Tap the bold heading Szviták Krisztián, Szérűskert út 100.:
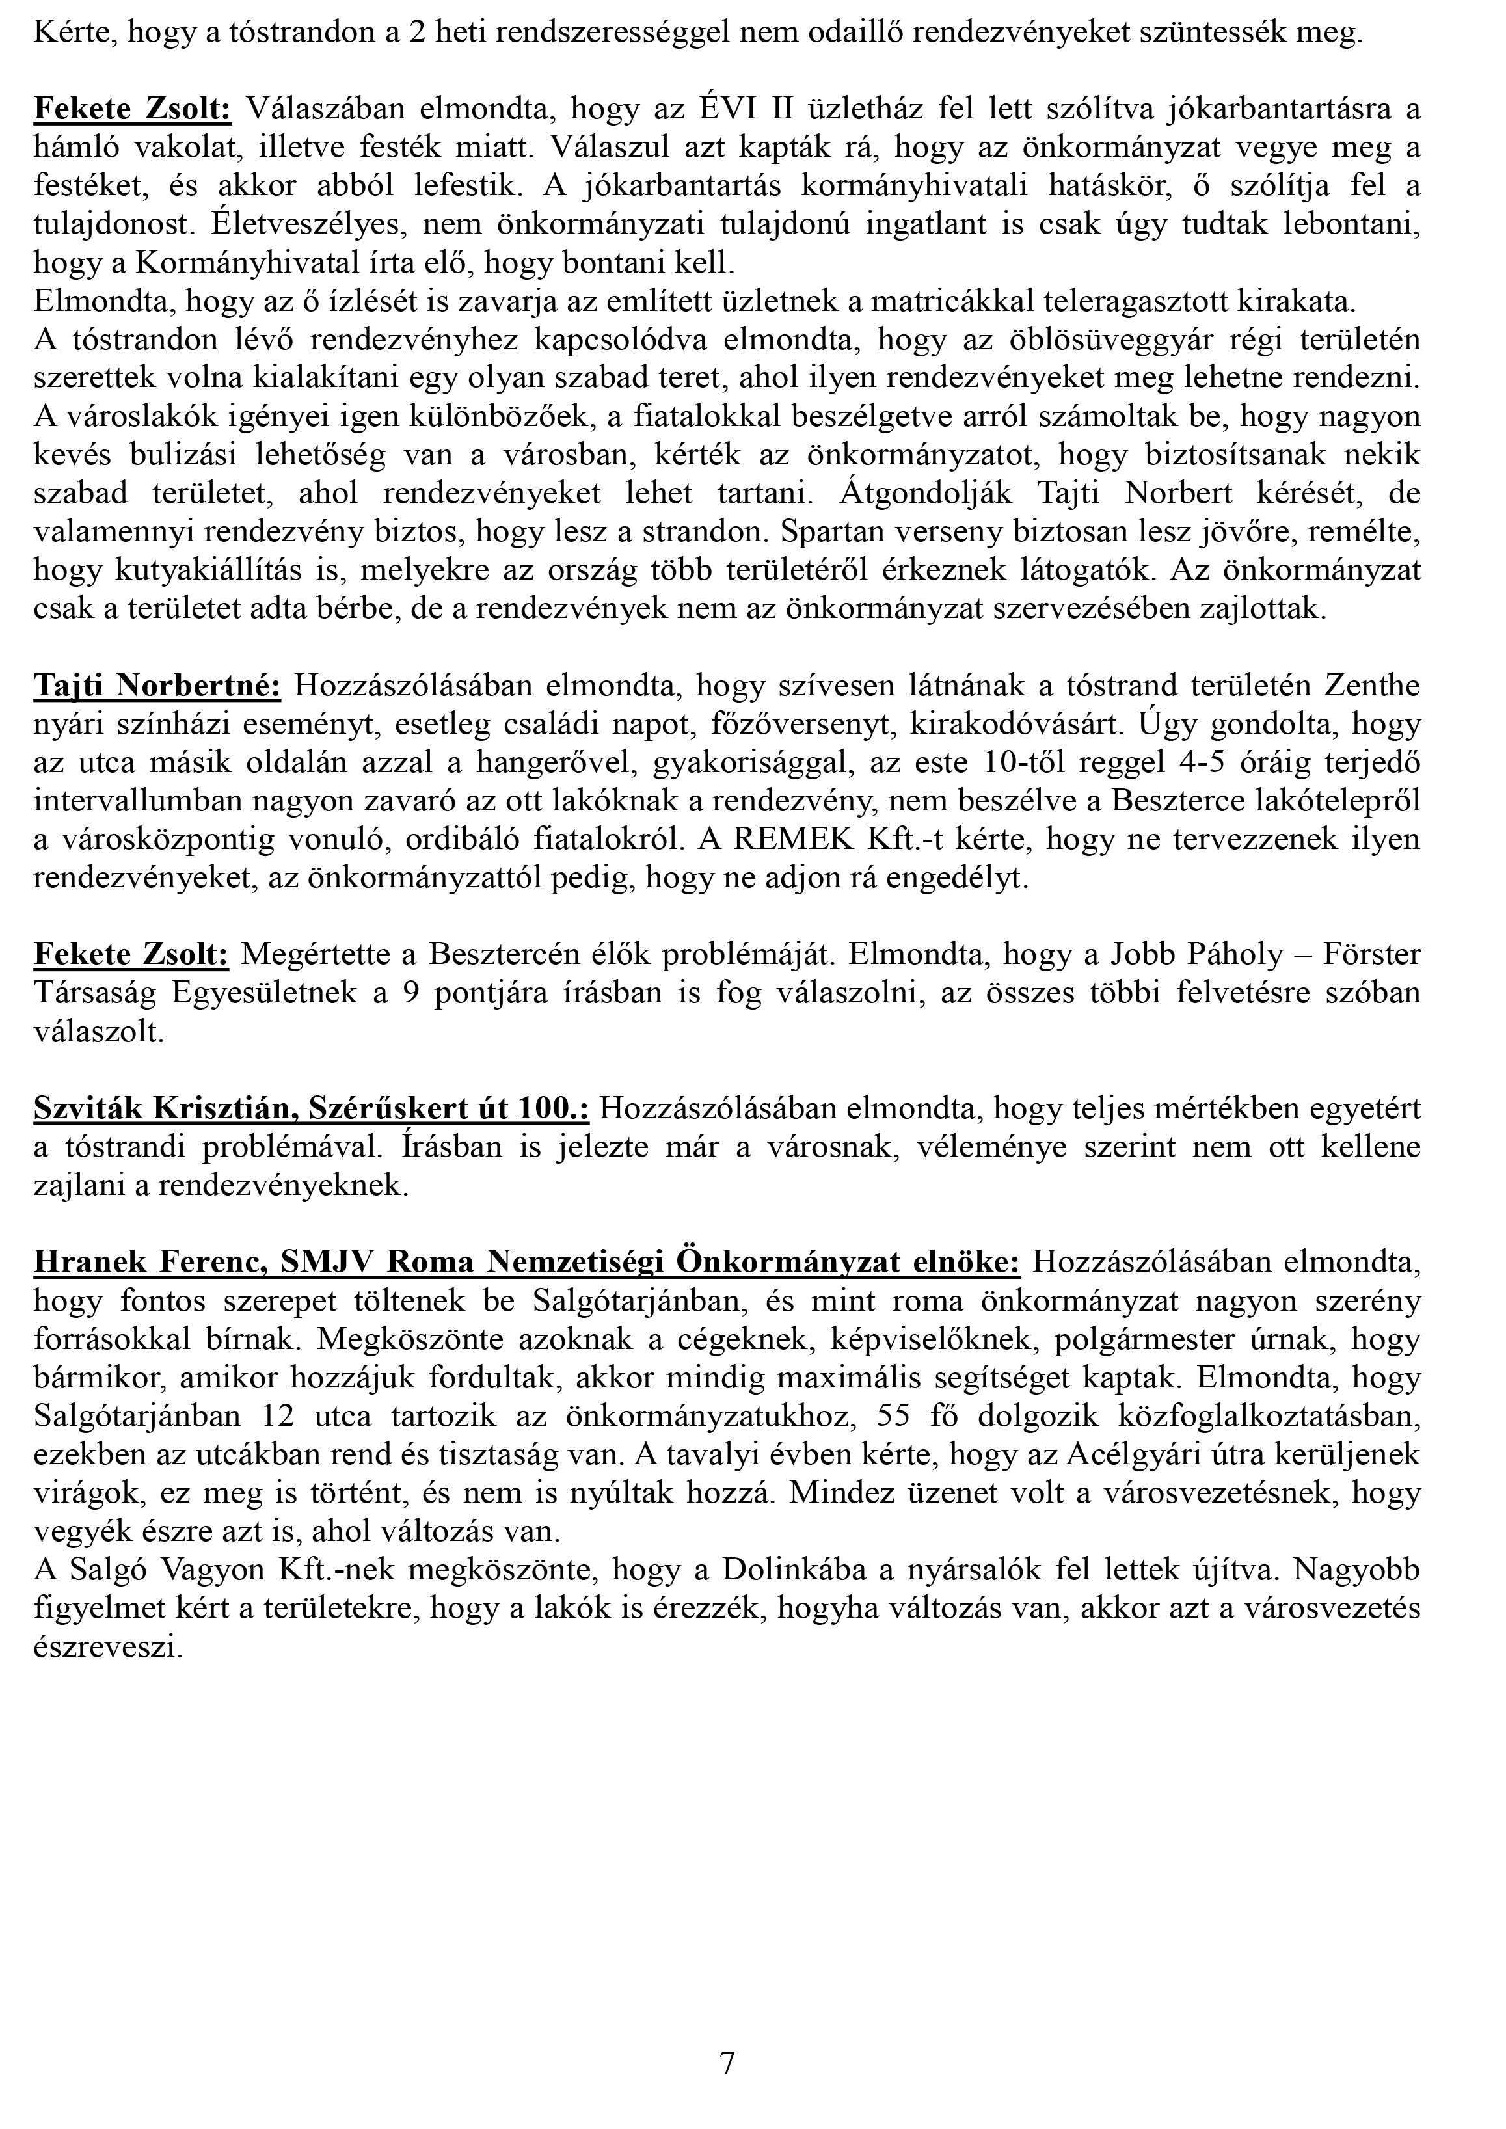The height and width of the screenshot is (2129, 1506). (x=312, y=1107)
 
